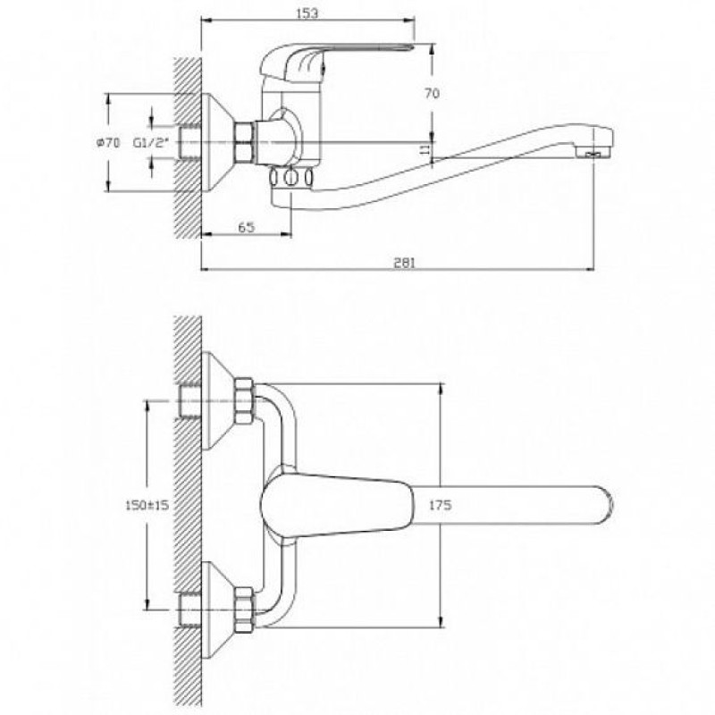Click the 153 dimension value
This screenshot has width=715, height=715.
(x=307, y=13)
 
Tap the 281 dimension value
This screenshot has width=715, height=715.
(x=404, y=263)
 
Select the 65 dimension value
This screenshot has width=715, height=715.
(x=247, y=227)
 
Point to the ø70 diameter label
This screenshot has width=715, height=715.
(x=108, y=143)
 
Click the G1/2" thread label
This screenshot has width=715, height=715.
(x=151, y=143)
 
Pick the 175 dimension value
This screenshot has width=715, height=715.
(x=441, y=505)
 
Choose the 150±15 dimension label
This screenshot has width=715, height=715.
(x=147, y=505)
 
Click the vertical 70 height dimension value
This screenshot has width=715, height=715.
(x=433, y=93)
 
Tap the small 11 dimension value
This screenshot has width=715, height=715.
(x=425, y=148)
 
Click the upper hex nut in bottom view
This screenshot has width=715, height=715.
(x=244, y=400)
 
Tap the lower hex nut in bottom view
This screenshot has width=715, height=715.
(x=244, y=610)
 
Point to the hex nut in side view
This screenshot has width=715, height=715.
(x=244, y=142)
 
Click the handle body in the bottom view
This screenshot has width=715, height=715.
(x=335, y=504)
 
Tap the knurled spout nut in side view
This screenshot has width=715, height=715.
(x=292, y=177)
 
